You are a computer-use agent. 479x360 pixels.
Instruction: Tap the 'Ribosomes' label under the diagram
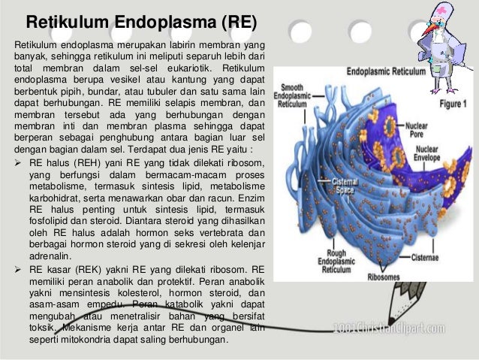(384, 276)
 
